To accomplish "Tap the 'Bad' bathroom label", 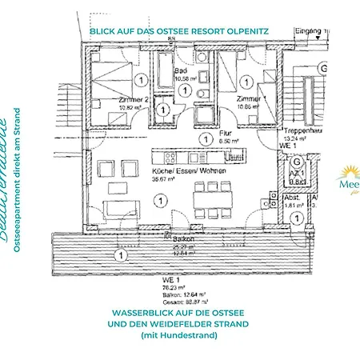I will click(181, 70).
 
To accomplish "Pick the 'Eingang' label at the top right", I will click(307, 30).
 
